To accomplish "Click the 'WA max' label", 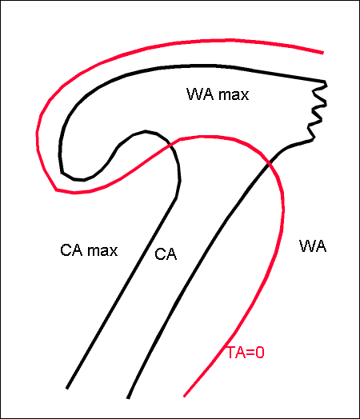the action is click(218, 94).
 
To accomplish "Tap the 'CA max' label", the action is click(89, 250).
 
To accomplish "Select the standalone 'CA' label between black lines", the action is click(166, 254).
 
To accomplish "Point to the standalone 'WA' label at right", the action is click(313, 245).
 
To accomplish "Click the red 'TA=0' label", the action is click(246, 353).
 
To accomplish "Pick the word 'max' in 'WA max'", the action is click(234, 95).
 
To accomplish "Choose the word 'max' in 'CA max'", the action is click(103, 251).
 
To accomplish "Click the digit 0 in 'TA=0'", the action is click(259, 353).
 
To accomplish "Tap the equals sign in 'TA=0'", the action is click(250, 353).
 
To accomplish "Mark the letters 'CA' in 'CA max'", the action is click(71, 250).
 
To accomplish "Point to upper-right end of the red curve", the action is click(323, 53).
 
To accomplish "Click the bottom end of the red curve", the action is click(184, 396).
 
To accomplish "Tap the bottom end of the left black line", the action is click(67, 389).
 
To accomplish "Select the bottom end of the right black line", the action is click(128, 398).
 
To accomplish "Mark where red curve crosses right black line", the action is click(270, 164).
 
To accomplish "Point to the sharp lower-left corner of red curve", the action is click(56, 190).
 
